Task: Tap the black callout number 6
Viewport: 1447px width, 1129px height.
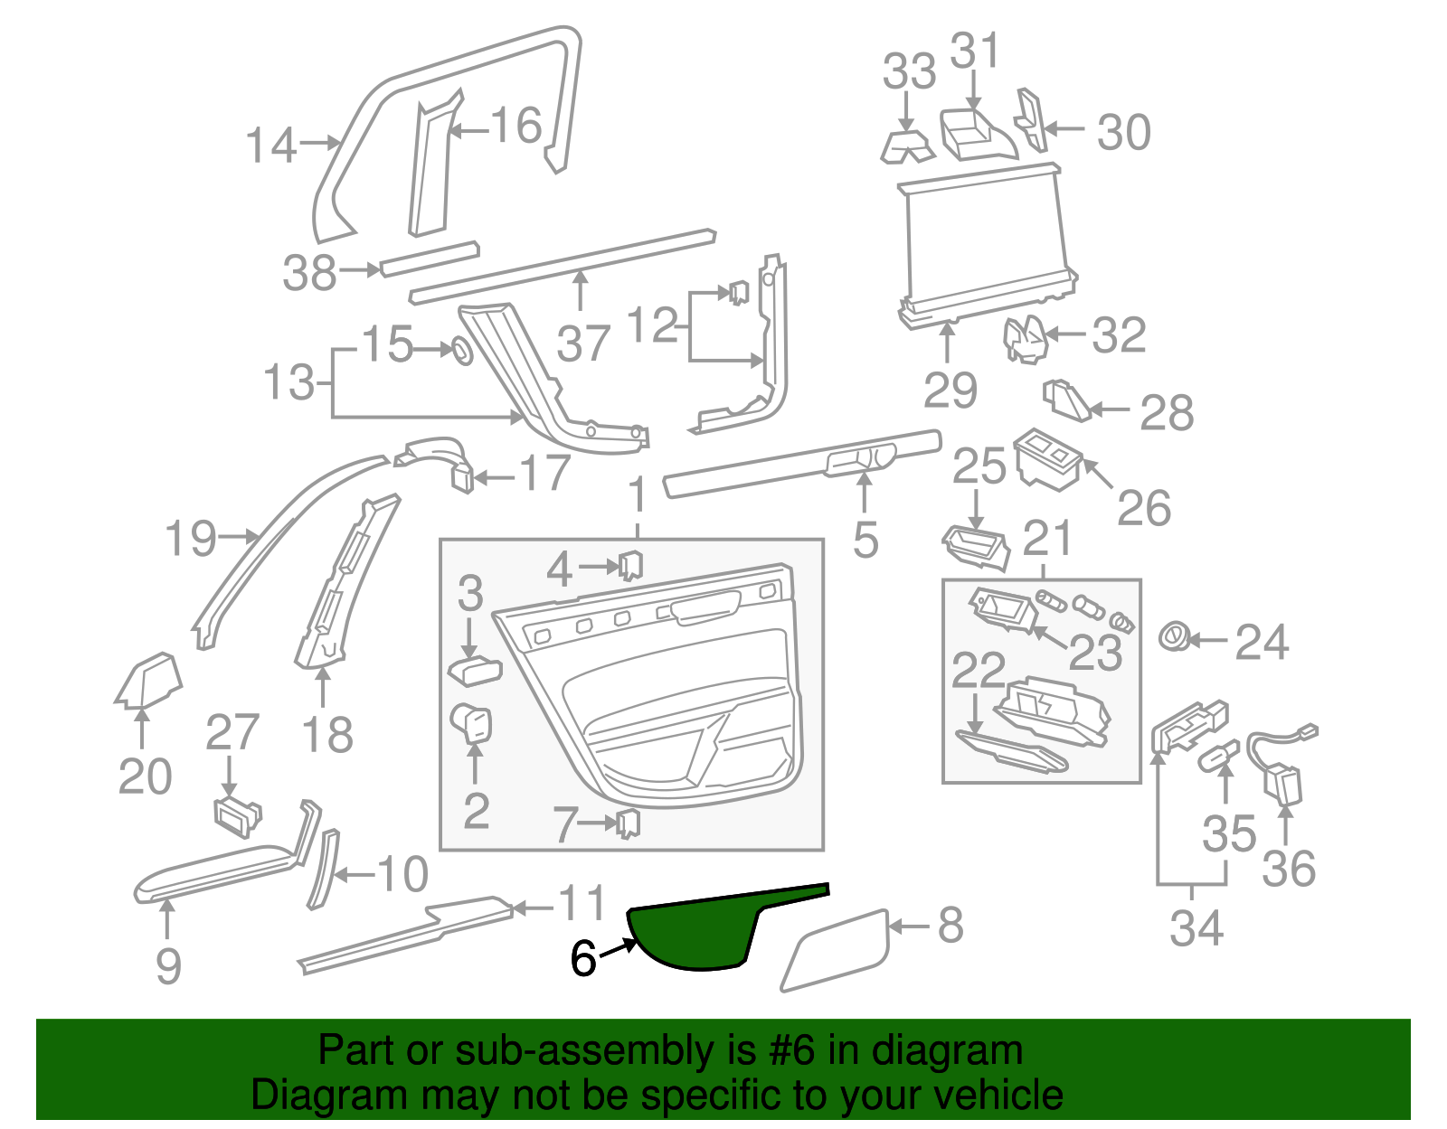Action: point(583,959)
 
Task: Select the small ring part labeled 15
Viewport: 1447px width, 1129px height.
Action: point(461,351)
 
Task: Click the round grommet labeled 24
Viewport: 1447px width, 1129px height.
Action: point(1175,637)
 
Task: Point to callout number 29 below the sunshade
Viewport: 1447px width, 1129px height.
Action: point(950,390)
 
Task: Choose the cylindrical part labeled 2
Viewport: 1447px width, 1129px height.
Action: point(471,723)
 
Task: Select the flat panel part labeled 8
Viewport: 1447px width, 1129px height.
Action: point(837,949)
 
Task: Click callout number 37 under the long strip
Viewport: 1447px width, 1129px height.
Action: point(583,344)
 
